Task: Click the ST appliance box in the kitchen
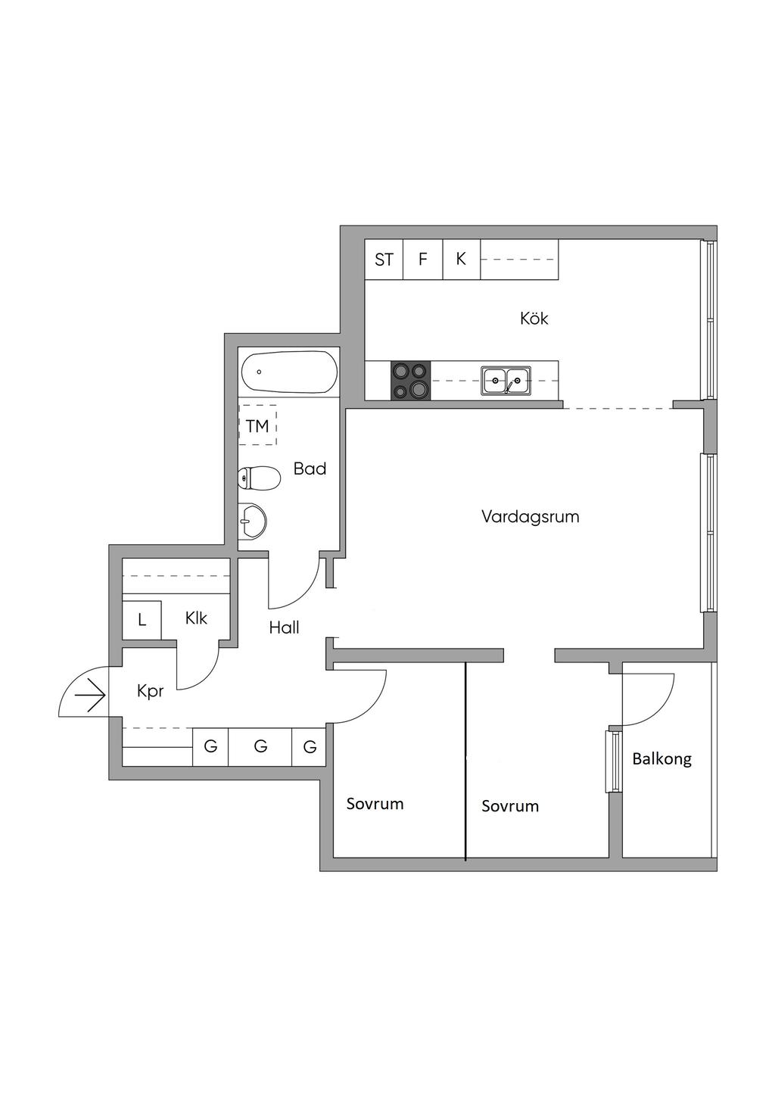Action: coord(384,260)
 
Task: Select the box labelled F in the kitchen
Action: coord(423,260)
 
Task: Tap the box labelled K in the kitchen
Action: coord(461,260)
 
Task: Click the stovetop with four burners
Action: coord(410,381)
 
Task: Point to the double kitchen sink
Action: coord(506,380)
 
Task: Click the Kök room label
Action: coord(534,319)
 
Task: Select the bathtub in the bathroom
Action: coord(288,372)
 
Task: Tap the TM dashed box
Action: coord(257,426)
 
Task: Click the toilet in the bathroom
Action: coord(255,478)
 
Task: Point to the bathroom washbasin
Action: coord(252,521)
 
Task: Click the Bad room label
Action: coord(310,469)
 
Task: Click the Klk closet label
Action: coord(196,618)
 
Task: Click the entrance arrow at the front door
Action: coord(91,696)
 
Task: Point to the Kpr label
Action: coord(150,691)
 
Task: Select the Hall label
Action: coord(284,627)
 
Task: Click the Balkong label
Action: coord(661,758)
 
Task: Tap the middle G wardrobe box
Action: coord(260,747)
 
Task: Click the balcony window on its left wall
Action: coord(612,761)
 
